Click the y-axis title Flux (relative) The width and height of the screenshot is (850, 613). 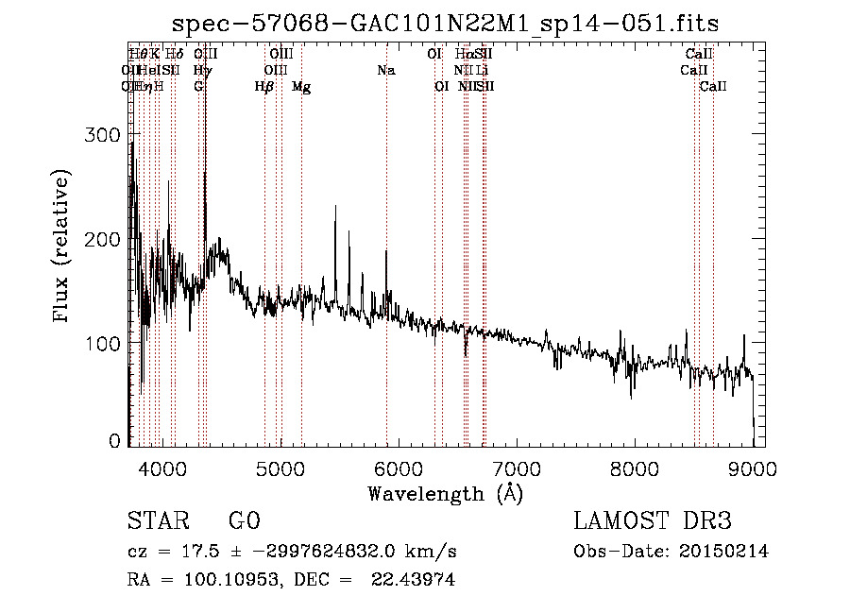63,247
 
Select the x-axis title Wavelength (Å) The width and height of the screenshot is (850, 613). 445,493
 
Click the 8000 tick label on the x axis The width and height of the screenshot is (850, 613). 634,468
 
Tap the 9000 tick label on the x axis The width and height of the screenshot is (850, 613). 752,468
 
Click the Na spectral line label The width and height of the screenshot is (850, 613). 385,71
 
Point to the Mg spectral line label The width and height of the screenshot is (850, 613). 301,87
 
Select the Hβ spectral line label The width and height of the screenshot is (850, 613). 263,87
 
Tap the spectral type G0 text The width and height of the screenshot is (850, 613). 243,521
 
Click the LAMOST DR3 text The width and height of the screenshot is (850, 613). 652,521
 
